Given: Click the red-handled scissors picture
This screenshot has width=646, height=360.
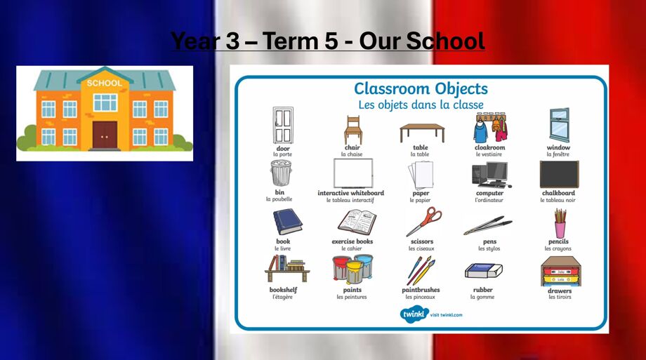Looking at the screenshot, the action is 423,222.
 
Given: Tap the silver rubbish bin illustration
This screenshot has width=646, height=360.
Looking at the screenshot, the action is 281,173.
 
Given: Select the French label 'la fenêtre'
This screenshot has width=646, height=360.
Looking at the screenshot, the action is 558,154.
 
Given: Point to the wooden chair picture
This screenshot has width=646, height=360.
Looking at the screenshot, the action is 353,130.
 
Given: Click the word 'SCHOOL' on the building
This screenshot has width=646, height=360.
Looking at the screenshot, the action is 104,84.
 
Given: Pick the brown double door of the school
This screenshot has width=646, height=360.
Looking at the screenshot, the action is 105,135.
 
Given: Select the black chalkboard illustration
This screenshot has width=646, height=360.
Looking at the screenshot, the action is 559,175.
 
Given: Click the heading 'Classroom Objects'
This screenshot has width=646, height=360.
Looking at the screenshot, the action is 421,88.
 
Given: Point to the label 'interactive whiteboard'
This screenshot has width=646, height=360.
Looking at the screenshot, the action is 350,193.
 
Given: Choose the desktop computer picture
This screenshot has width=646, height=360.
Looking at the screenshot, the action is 490,175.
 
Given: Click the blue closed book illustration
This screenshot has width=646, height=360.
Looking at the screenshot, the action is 287,222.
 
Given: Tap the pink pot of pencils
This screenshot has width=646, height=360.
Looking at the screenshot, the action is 560,223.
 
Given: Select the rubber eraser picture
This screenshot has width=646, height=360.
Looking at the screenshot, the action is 484,271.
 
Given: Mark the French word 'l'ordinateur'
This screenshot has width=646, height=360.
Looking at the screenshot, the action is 489,200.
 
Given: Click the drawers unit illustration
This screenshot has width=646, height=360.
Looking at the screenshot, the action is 561,271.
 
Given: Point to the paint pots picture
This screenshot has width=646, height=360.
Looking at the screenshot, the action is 352,269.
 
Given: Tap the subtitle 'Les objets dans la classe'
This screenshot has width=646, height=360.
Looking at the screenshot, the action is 421,105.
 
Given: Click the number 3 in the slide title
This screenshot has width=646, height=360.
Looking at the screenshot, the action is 232,41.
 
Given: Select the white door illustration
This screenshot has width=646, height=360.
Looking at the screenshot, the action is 283,125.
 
